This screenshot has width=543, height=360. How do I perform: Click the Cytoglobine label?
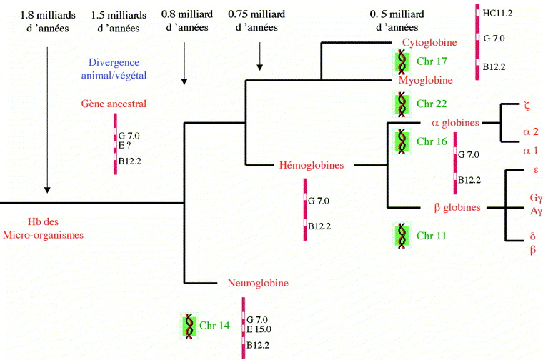click(439, 42)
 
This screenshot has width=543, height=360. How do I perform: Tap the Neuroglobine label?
click(258, 283)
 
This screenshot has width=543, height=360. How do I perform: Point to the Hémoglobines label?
click(312, 165)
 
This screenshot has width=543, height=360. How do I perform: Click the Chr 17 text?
click(432, 61)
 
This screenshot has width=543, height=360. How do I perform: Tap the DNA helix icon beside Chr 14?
click(189, 325)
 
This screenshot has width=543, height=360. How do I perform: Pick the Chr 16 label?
click(432, 141)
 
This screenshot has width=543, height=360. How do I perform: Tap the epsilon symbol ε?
click(535, 170)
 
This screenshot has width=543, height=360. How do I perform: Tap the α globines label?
click(455, 123)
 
